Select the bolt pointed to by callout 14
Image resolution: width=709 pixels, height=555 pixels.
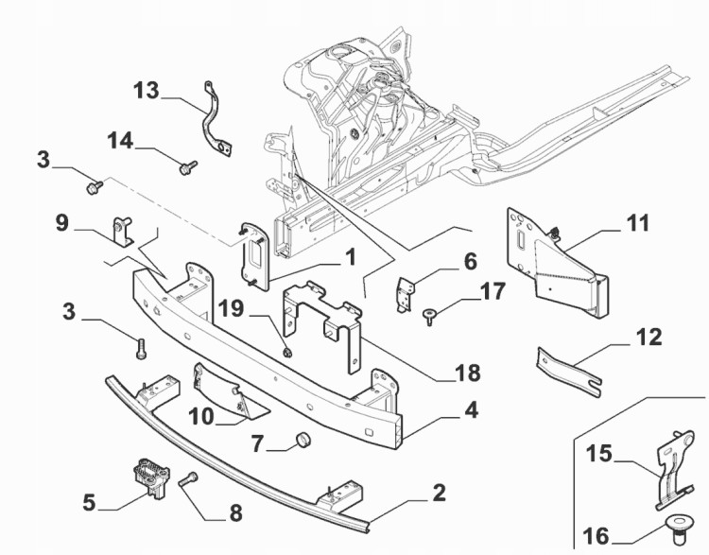click(185, 167)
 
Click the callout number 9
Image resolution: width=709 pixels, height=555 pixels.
click(62, 223)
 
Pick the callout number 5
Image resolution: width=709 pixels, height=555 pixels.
click(89, 502)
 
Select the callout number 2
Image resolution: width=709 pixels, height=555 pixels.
click(438, 494)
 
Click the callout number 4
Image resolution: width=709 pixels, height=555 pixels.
click(471, 412)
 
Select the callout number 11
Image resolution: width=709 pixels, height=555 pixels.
click(638, 225)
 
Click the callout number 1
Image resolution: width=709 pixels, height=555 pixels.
click(350, 256)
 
